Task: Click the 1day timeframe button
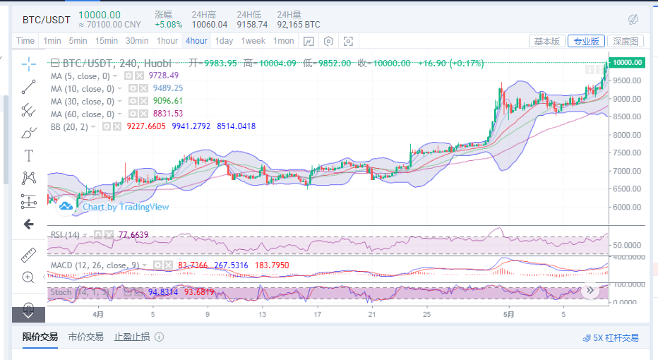[224, 41]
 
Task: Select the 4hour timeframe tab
[196, 41]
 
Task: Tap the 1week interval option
[253, 41]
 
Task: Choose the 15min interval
[107, 41]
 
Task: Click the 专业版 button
[586, 41]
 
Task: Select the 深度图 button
[625, 41]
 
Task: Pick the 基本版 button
[546, 41]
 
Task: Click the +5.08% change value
[168, 24]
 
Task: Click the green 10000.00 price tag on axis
[626, 62]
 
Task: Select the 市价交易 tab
[85, 337]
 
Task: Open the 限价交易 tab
[40, 337]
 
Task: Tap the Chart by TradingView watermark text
[126, 207]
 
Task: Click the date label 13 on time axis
[262, 314]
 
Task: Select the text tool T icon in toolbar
[29, 155]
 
